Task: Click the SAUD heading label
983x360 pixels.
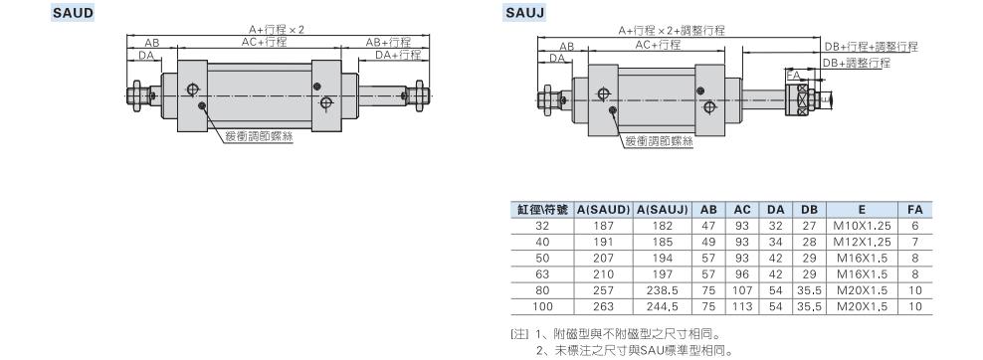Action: (73, 12)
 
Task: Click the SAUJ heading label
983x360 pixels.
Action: (525, 12)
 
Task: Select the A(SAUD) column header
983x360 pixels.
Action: (603, 210)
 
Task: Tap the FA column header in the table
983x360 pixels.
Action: (914, 210)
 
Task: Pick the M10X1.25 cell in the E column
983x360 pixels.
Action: (862, 226)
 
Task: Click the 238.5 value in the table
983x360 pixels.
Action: (662, 290)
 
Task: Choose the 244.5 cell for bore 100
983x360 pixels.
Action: (662, 306)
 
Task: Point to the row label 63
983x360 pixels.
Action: (542, 274)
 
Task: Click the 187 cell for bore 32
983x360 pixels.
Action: (603, 226)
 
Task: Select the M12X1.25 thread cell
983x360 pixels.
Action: (862, 243)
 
